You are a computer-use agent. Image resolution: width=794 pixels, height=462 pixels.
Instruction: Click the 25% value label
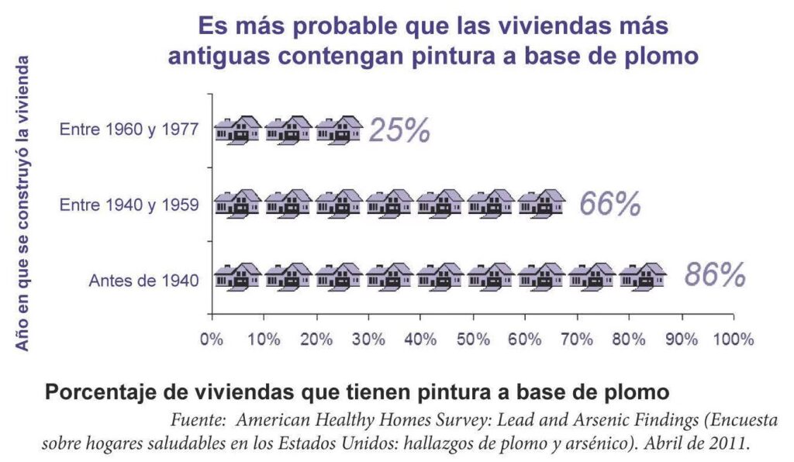[x=399, y=130]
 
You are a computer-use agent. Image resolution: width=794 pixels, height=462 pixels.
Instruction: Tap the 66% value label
[x=610, y=204]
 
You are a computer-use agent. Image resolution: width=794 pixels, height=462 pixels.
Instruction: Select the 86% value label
[x=715, y=276]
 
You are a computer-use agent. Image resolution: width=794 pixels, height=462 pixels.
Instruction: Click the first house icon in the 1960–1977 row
[x=237, y=129]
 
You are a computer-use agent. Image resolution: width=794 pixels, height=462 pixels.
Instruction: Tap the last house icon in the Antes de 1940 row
[x=642, y=277]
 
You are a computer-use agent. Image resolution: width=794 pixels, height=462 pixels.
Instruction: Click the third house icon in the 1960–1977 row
[x=339, y=129]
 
